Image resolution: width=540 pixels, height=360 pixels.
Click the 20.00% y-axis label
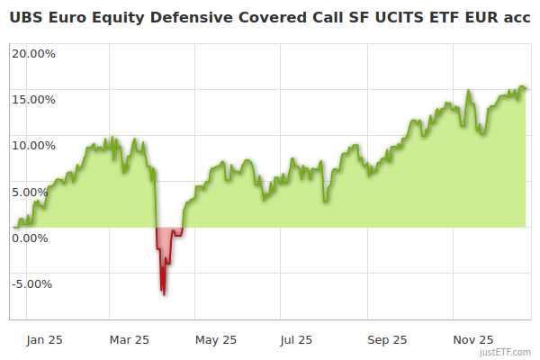[33, 53]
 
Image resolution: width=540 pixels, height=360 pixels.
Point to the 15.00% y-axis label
[33, 99]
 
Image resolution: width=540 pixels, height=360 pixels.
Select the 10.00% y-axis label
[33, 145]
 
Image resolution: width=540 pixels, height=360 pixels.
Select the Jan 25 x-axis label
[44, 340]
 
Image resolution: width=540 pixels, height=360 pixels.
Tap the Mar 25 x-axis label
[129, 340]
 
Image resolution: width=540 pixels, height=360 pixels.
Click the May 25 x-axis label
[216, 340]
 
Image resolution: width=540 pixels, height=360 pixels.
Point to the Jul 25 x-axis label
[296, 340]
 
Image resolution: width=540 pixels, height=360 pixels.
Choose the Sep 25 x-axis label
[387, 340]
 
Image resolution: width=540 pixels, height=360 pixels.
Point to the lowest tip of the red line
[164, 294]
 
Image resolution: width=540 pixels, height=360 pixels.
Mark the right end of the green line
[526, 88]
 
